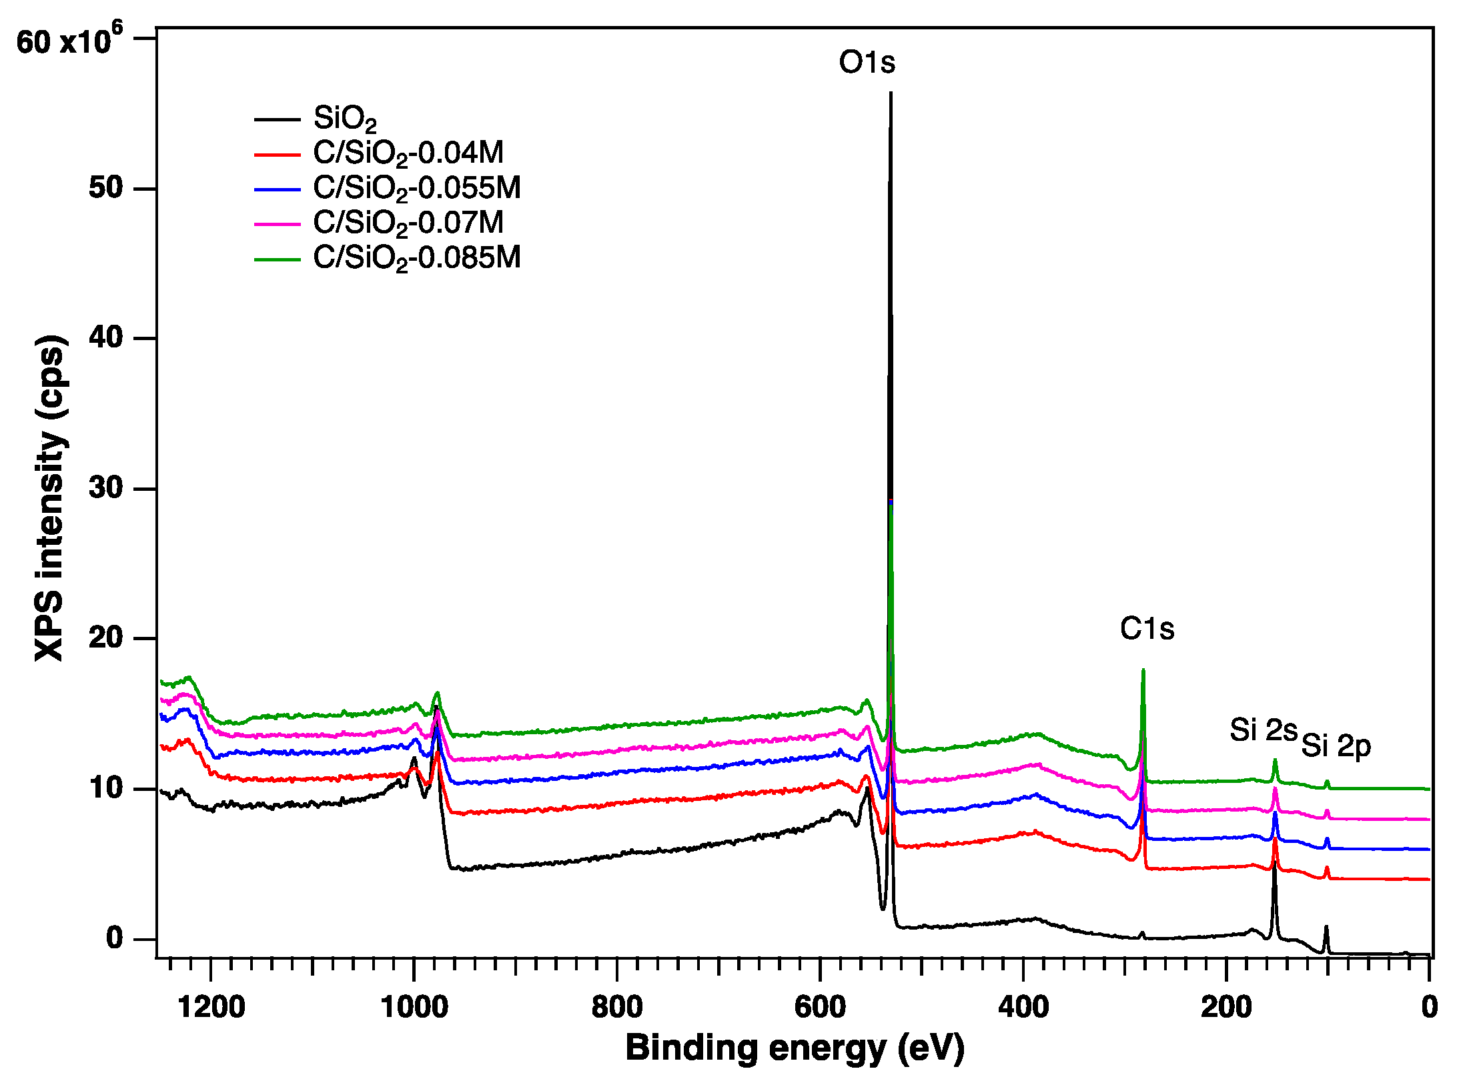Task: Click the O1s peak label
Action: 867,63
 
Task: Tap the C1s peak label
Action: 1147,629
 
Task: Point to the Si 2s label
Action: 1263,730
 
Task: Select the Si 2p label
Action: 1336,746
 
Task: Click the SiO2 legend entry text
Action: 345,119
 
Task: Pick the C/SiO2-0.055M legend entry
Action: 417,189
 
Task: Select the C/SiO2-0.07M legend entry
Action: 408,223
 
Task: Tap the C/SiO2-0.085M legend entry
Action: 417,258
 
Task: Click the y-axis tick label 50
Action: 106,188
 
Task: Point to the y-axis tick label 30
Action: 106,488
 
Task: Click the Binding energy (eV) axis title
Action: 795,1048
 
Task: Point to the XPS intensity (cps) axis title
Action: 50,497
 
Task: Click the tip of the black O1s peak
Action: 891,94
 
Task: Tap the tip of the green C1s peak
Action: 1143,670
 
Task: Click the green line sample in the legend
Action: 278,259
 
